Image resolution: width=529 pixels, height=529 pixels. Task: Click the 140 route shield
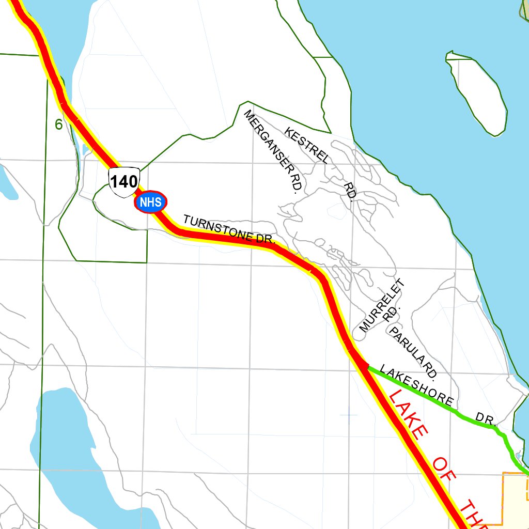pos(124,182)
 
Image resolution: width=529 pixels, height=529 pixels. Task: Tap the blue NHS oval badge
pos(151,203)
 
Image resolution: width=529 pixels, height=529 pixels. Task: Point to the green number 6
pos(58,125)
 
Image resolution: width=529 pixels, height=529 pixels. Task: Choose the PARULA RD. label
pos(414,351)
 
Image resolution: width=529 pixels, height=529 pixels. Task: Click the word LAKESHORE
pos(416,385)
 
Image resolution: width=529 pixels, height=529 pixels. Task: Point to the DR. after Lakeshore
pos(486,418)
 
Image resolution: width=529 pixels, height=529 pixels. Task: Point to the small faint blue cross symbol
pos(349,414)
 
